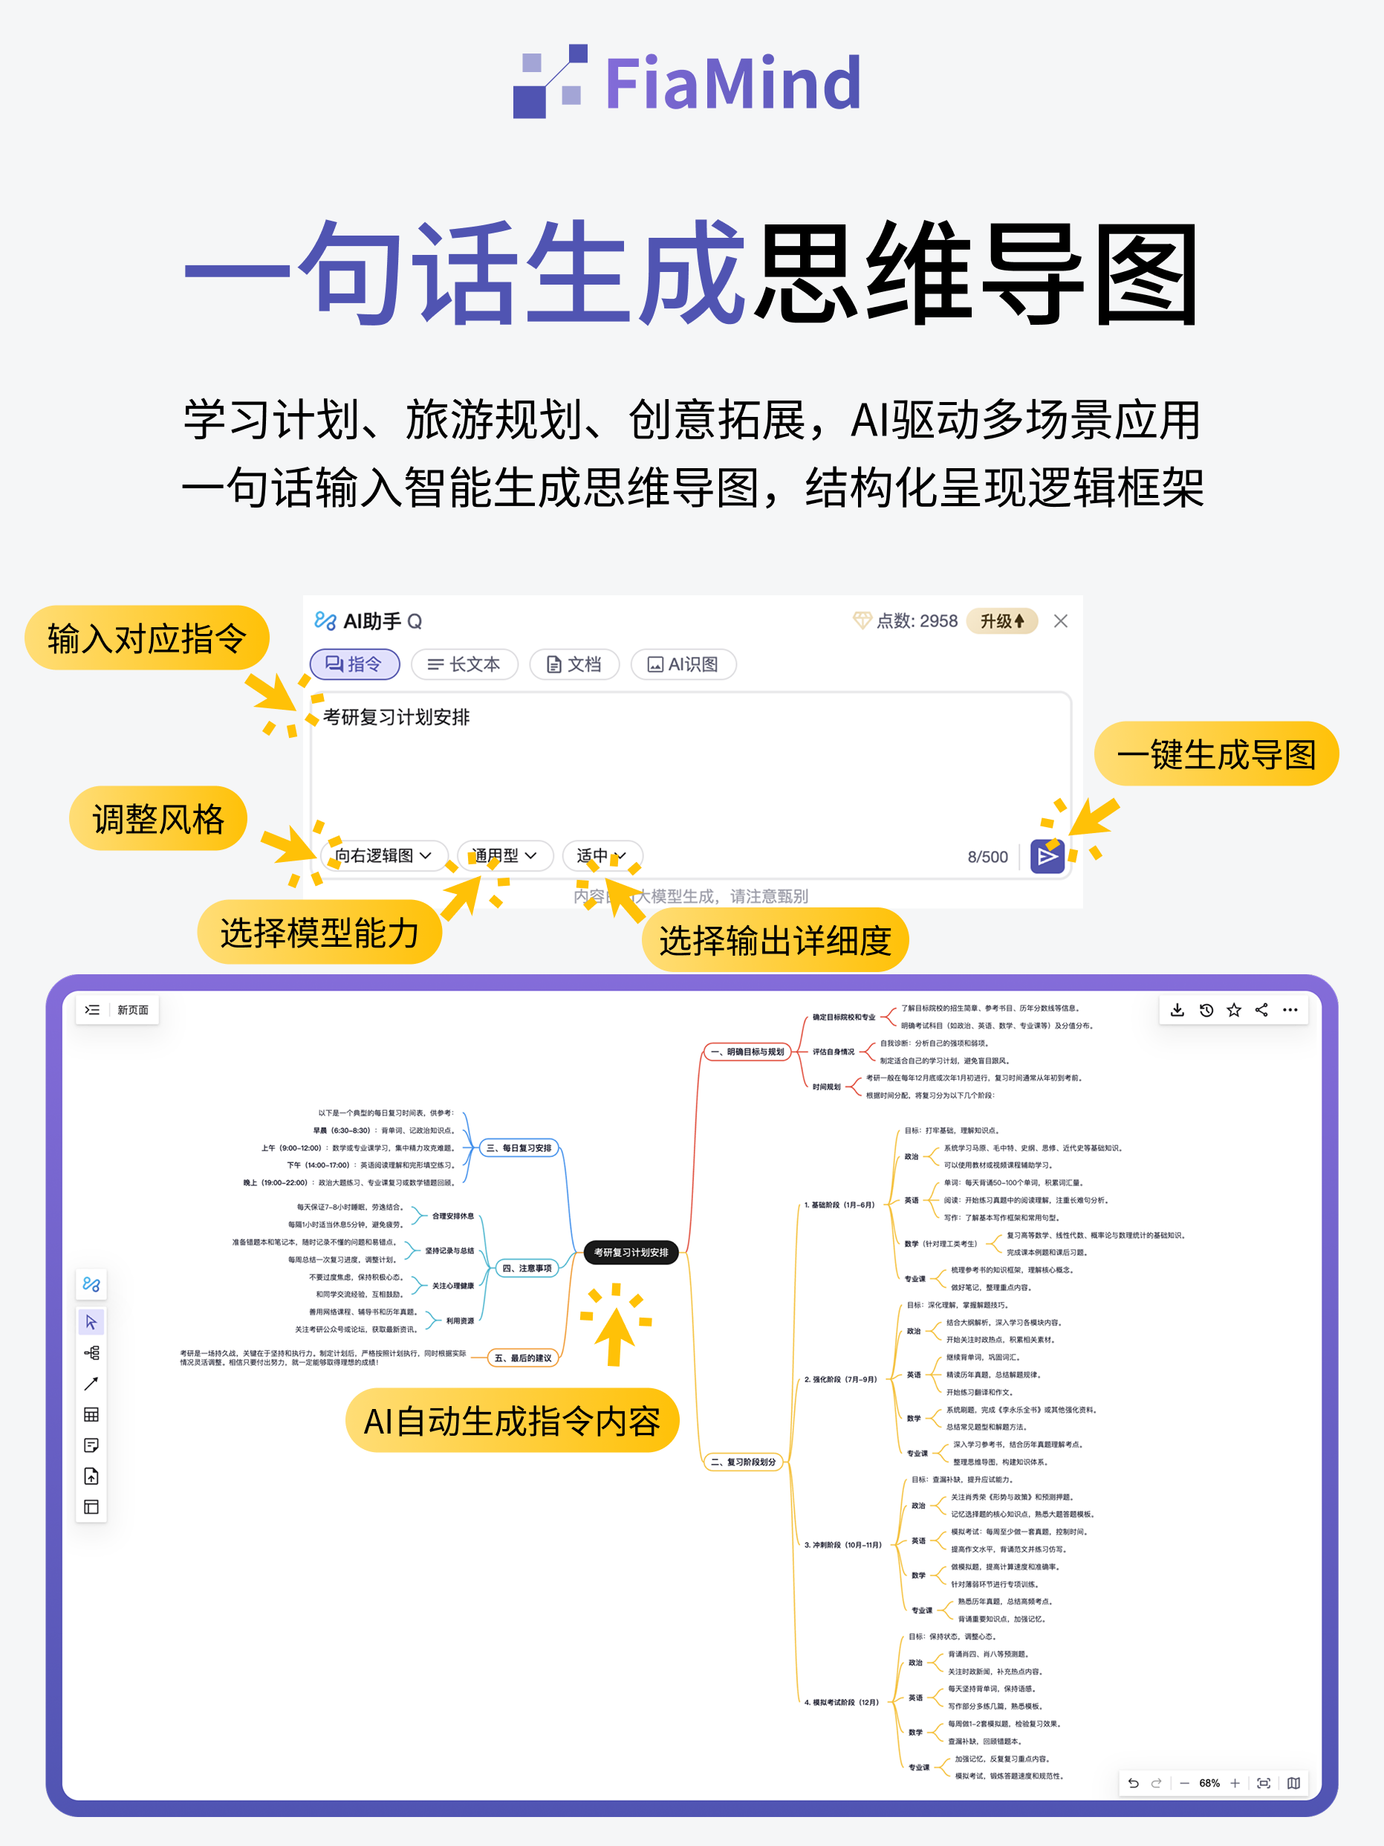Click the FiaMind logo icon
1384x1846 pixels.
pos(550,82)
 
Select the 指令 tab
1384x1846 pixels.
pos(354,664)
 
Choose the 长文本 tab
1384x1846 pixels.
pos(464,664)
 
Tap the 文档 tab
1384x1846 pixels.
pos(574,664)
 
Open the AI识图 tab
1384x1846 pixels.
pos(683,664)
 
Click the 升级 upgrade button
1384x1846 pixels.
pos(1001,621)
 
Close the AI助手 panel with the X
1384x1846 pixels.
pos(1060,621)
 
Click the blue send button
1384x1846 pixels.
pos(1047,856)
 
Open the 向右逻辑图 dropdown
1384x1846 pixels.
pos(383,855)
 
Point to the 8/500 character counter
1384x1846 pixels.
pos(987,857)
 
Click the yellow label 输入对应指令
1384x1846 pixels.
pos(147,638)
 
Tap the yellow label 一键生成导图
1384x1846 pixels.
pos(1215,754)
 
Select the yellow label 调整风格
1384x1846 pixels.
pos(158,819)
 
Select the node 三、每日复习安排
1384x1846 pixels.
pos(518,1148)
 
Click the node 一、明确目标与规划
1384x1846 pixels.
pos(747,1052)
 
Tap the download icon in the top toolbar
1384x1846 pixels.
pos(1177,1010)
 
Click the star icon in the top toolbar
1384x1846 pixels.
pos(1234,1010)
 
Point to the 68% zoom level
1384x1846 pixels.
pos(1209,1783)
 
